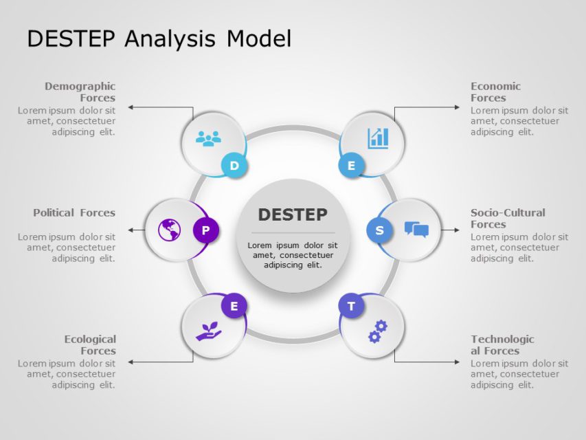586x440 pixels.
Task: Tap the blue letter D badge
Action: pyautogui.click(x=234, y=166)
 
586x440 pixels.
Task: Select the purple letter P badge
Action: pyautogui.click(x=205, y=230)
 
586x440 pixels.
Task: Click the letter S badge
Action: pyautogui.click(x=379, y=230)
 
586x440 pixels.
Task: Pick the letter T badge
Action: pyautogui.click(x=351, y=306)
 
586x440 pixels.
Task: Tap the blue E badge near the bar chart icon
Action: pyautogui.click(x=351, y=166)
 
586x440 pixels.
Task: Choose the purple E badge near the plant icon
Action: pyautogui.click(x=234, y=306)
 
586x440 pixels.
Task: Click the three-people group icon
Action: pyautogui.click(x=208, y=138)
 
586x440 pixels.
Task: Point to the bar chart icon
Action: pyautogui.click(x=378, y=138)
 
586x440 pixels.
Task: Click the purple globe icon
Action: pyautogui.click(x=169, y=230)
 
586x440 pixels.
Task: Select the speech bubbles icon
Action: pyautogui.click(x=416, y=229)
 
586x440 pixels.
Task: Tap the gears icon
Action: pyautogui.click(x=378, y=331)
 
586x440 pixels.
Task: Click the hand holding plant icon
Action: pyautogui.click(x=208, y=331)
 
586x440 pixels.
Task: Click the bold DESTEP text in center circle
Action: pyautogui.click(x=293, y=214)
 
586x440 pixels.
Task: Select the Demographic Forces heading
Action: pyautogui.click(x=80, y=92)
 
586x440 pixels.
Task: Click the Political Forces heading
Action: pyautogui.click(x=74, y=212)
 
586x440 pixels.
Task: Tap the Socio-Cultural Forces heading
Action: pyautogui.click(x=507, y=218)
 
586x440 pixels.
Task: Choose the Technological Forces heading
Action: pyautogui.click(x=502, y=344)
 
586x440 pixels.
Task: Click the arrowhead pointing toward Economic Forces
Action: pyautogui.click(x=458, y=107)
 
